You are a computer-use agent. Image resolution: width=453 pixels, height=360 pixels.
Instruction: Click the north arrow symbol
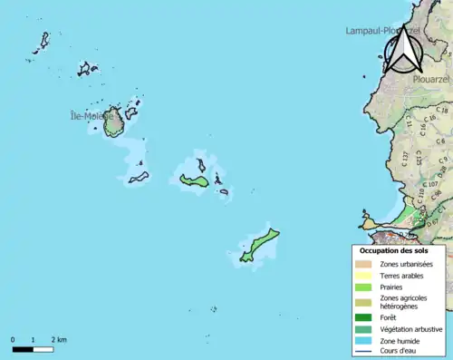point(402,51)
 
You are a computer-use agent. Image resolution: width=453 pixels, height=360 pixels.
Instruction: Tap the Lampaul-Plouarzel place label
point(381,30)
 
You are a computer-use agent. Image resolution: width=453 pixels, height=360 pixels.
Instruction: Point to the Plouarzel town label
point(430,79)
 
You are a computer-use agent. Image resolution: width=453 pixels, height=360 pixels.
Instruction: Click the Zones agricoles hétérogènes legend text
point(404,302)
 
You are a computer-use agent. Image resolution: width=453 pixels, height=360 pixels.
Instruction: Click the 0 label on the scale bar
point(13,339)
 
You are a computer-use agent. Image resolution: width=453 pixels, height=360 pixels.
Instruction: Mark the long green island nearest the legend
point(260,243)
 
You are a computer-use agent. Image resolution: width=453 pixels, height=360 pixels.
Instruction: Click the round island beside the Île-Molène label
point(113,123)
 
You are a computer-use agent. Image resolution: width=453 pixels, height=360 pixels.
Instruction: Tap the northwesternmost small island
point(43,41)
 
